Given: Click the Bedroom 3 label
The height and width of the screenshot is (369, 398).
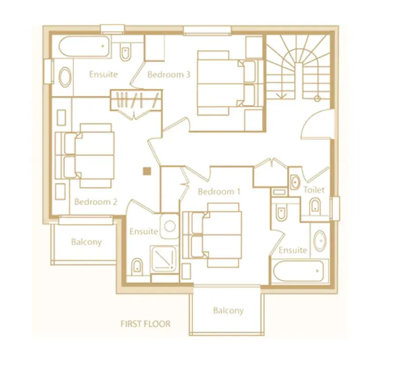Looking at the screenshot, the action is point(169,74).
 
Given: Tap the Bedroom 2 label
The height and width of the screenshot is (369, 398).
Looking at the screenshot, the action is point(96,202).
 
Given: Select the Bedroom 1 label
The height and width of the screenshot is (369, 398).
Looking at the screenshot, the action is point(219,191).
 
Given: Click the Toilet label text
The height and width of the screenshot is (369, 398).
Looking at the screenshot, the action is point(314,190).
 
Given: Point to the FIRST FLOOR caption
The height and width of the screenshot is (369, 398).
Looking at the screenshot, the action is point(145,324).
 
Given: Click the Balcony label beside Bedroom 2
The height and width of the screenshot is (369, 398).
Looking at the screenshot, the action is point(86,242).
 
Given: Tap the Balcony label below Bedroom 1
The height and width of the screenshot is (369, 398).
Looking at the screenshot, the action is point(228,311).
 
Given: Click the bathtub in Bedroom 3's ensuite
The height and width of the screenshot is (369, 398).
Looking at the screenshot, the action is point(84,46).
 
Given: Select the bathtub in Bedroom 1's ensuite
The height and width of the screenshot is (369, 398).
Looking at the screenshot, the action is point(298,271).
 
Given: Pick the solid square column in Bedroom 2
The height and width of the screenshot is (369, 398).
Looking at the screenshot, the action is point(147,171).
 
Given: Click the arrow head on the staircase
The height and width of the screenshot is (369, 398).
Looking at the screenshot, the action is point(282,96).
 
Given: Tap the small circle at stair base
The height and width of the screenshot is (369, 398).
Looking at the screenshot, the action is point(317,98).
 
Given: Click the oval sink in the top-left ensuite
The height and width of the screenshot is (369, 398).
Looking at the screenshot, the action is point(65,76).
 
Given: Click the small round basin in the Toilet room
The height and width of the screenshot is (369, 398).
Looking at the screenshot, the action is point(295,182).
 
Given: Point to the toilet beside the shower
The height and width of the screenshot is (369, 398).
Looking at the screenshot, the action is point(138,267).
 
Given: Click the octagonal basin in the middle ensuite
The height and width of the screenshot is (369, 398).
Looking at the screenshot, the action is point(169,226).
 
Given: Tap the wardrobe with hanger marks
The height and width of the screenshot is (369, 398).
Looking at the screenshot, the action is point(136,100).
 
